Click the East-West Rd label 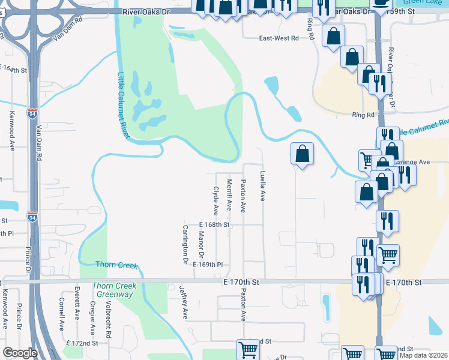coord(279,38)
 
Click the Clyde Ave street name coord(215,201)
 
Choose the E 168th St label coord(214,225)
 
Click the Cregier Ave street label coord(92,317)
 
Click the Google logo coord(20,353)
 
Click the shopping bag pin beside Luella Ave coord(302,154)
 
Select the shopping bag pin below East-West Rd coord(333,35)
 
